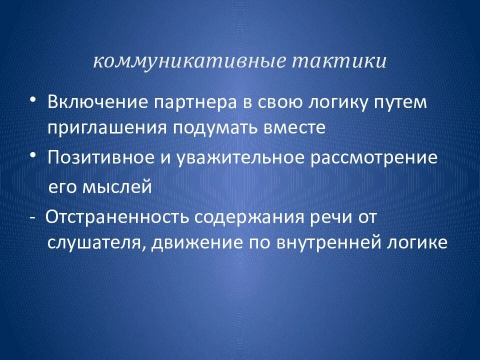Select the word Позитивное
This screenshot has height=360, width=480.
(x=107, y=158)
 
